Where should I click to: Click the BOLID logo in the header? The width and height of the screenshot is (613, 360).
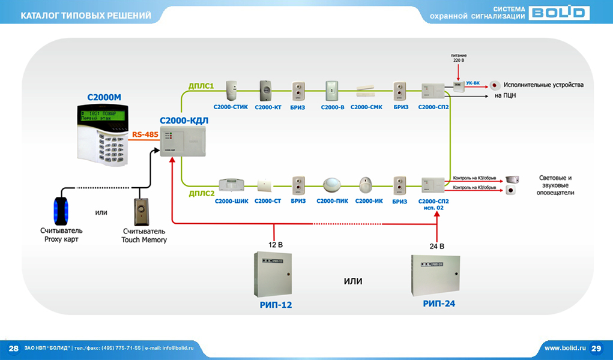559,13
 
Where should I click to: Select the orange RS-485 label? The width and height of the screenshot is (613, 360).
145,135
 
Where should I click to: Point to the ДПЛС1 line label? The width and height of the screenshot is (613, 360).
202,86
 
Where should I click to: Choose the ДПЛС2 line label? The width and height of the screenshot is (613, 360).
202,193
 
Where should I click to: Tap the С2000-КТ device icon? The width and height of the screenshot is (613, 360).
265,91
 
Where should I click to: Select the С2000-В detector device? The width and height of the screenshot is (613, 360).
332,91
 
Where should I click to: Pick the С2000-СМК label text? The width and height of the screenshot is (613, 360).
366,107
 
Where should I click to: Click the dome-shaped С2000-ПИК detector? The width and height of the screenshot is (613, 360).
332,184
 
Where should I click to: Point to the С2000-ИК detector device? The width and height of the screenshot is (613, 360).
366,184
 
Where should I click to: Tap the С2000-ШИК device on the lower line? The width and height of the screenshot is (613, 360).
231,183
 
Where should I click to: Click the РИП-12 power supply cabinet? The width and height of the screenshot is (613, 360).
273,274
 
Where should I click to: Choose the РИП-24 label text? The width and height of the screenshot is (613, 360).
439,304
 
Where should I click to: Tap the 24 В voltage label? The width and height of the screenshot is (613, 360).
437,246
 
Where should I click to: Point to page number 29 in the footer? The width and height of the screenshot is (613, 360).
596,348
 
